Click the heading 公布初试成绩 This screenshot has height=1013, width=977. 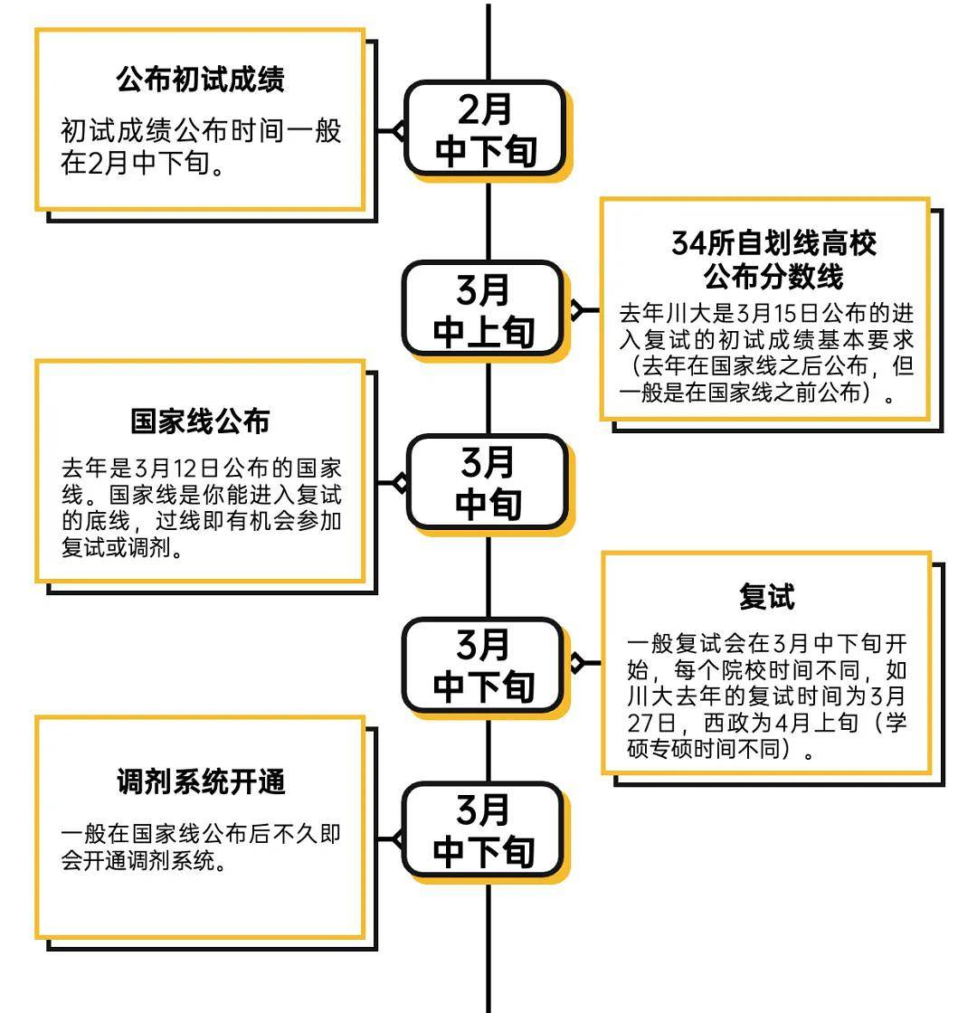tap(200, 80)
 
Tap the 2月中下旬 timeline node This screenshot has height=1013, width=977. tap(486, 128)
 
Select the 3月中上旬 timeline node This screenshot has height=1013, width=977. tap(484, 309)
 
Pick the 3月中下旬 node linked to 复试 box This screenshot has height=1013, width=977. tap(484, 666)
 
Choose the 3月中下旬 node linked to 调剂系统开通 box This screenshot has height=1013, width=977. tap(484, 829)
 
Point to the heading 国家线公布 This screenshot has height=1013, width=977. tap(200, 421)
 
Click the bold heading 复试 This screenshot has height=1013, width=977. tap(767, 596)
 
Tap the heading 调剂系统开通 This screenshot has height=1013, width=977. tap(200, 781)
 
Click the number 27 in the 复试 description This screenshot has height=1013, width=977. tap(641, 723)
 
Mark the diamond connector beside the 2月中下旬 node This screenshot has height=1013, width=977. tap(399, 130)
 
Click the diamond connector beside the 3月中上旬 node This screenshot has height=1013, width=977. tap(576, 310)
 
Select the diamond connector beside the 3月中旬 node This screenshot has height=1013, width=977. tap(402, 483)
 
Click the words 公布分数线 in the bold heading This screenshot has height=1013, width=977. tap(773, 277)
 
